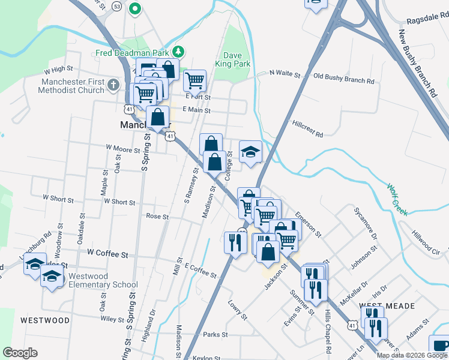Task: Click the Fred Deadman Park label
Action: tap(132, 52)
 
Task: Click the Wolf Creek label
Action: tap(397, 200)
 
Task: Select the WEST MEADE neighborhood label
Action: tap(387, 306)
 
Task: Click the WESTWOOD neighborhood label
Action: tap(45, 320)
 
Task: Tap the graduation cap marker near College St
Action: tap(250, 152)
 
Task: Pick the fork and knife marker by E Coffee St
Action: tap(234, 242)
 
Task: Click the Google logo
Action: tap(20, 353)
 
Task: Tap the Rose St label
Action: tap(157, 216)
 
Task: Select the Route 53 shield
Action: tap(116, 6)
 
